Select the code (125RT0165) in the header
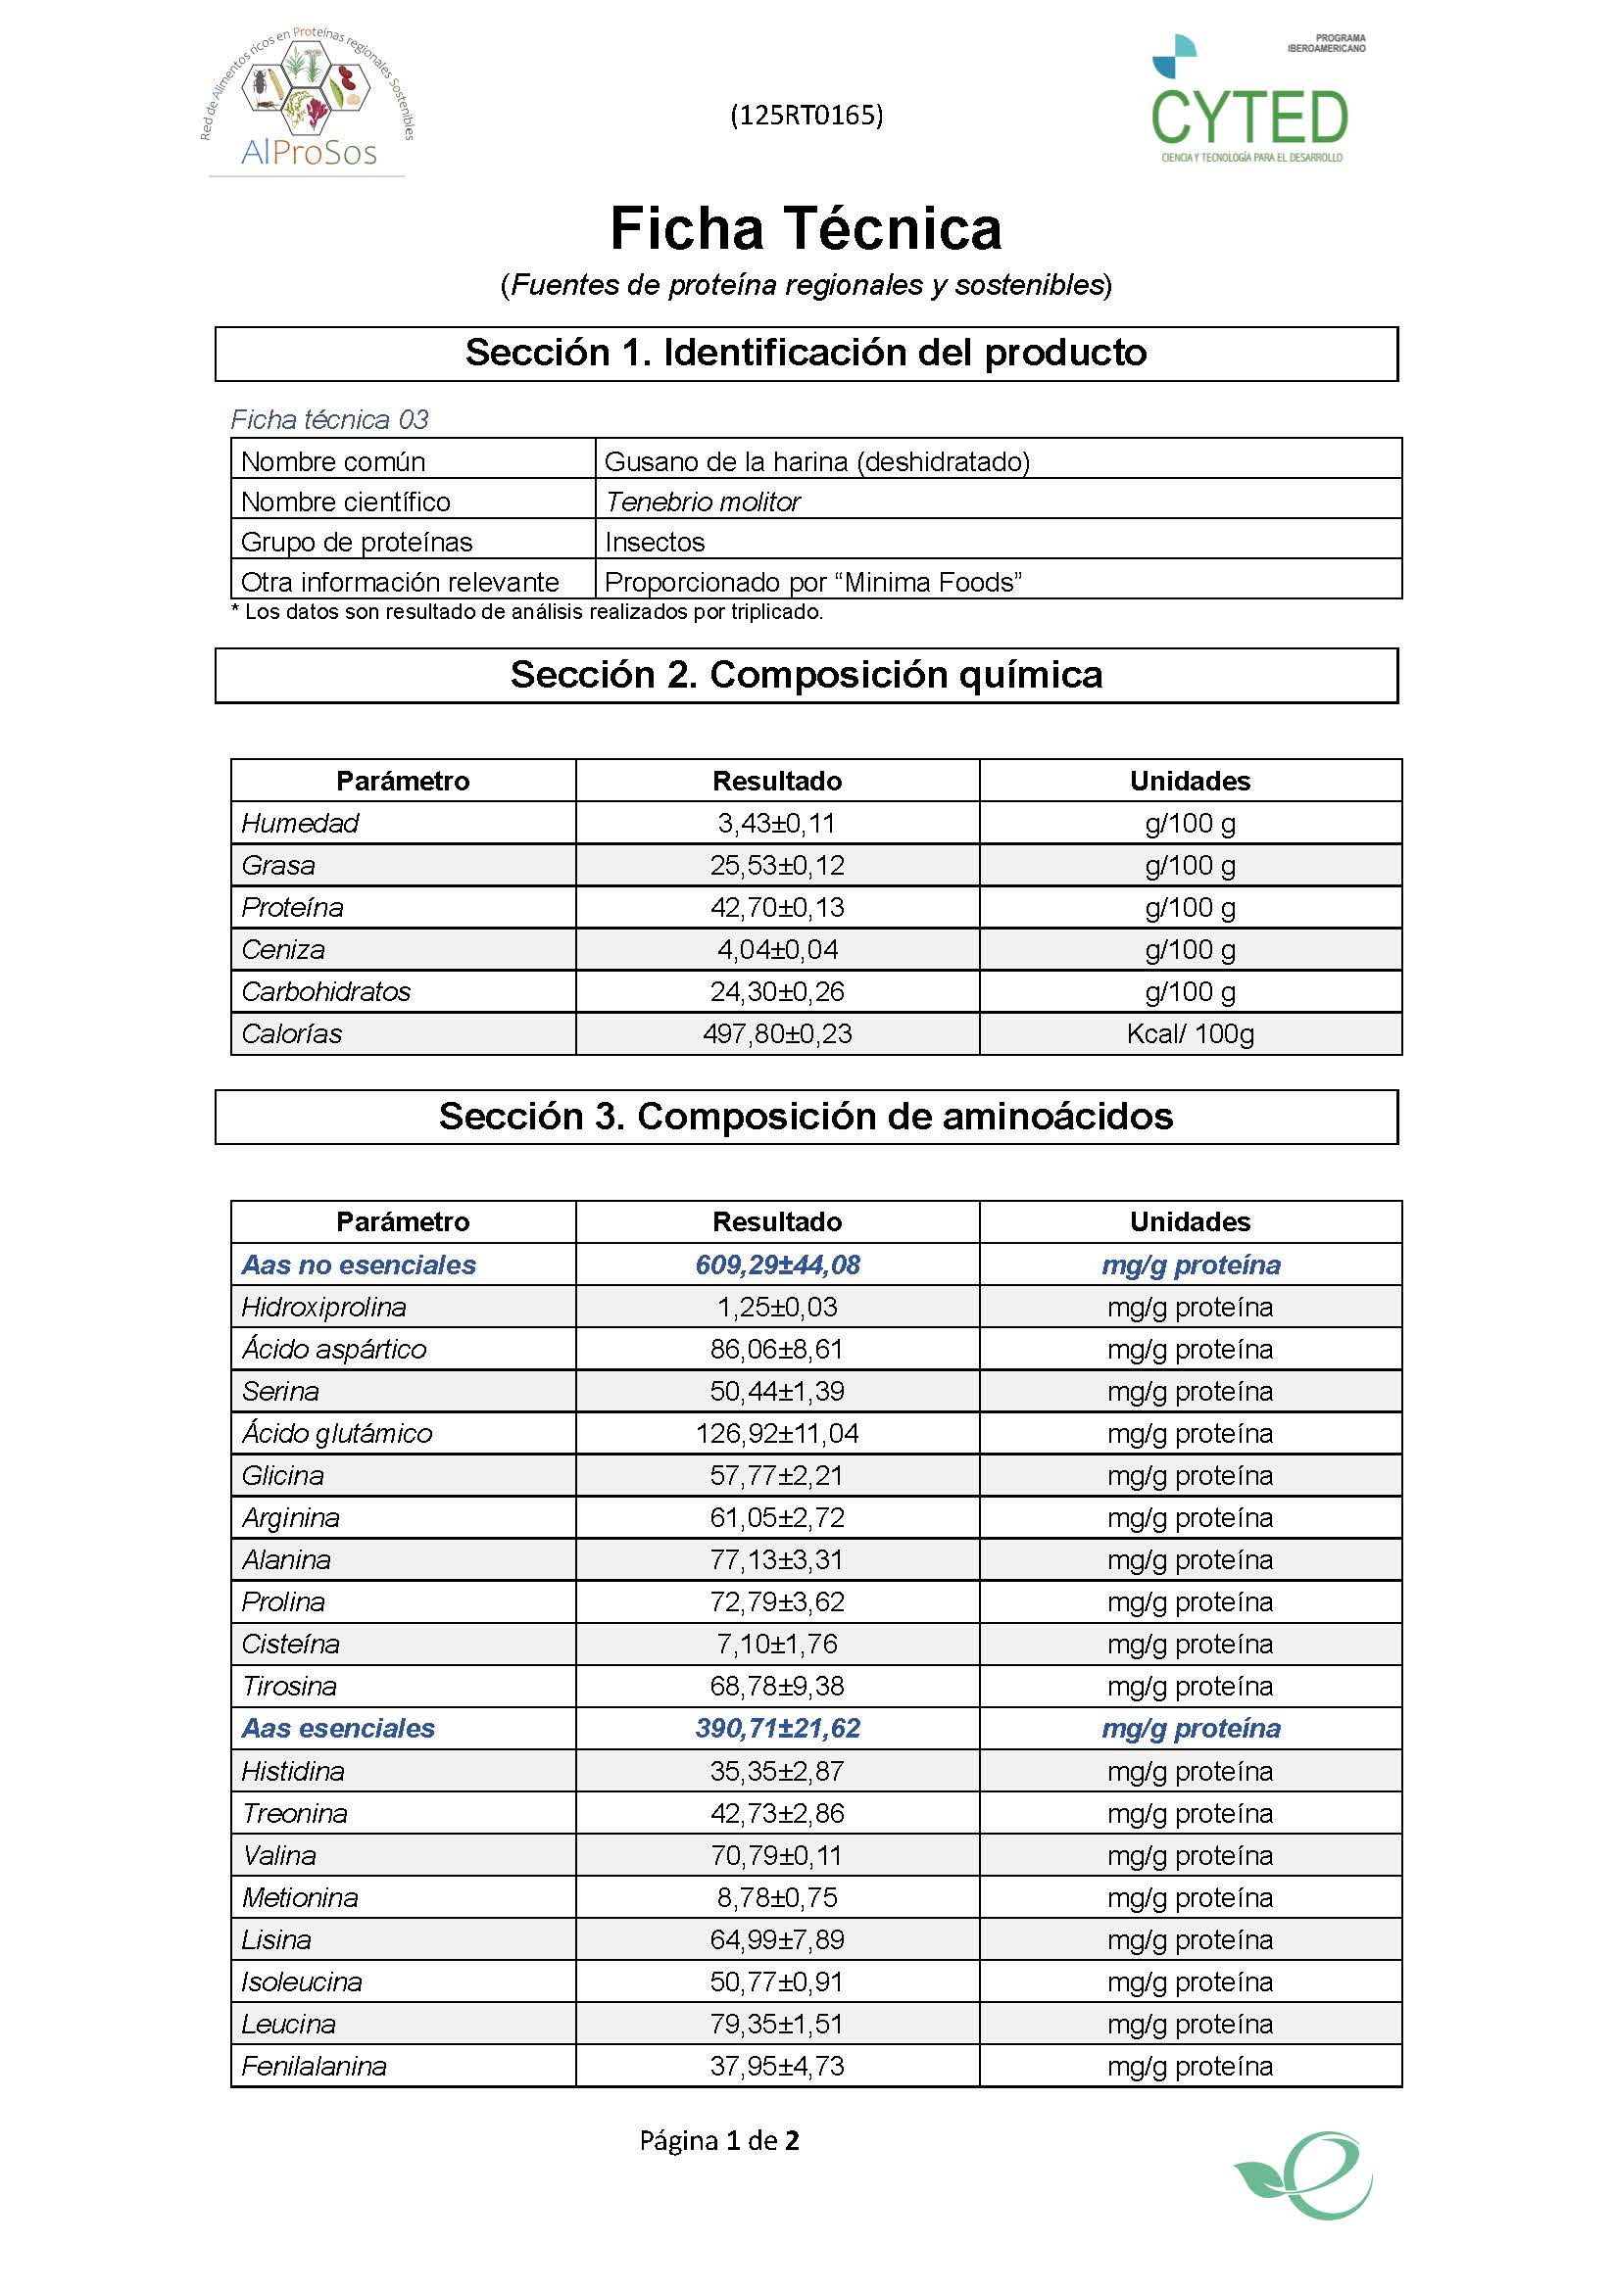click(x=806, y=116)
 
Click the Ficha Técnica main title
click(x=806, y=228)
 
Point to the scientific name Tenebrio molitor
click(x=703, y=501)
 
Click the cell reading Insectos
click(x=655, y=542)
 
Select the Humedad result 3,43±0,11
click(x=776, y=823)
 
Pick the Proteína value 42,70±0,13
click(x=776, y=907)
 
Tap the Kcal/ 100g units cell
click(x=1190, y=1033)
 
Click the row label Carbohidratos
click(x=326, y=992)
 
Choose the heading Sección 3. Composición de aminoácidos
click(x=806, y=1117)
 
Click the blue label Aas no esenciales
click(x=359, y=1265)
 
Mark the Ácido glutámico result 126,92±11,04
click(x=776, y=1434)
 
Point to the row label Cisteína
click(x=290, y=1644)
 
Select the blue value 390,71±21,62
click(x=776, y=1728)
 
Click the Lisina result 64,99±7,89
click(x=776, y=1939)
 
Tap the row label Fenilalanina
click(x=315, y=2066)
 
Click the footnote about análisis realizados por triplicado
click(x=527, y=612)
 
